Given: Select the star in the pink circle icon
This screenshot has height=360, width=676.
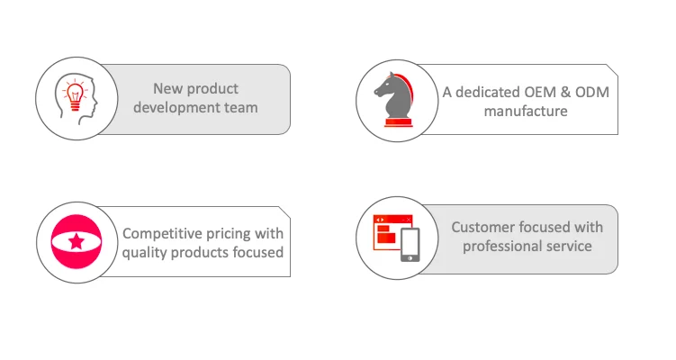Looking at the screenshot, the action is [77, 241].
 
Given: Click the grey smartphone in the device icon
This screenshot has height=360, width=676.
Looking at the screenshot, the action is [410, 245].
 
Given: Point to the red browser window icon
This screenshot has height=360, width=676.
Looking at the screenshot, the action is [392, 232].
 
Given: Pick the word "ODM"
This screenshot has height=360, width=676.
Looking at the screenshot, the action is [592, 93].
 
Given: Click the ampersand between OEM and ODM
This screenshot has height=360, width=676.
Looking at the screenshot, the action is [565, 93].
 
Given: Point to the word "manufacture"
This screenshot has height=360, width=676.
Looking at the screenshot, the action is [526, 112].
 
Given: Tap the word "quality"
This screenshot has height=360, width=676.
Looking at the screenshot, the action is [144, 253].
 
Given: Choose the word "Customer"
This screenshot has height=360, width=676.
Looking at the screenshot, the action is [482, 227].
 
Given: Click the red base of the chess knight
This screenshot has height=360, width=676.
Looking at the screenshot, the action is [399, 123].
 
